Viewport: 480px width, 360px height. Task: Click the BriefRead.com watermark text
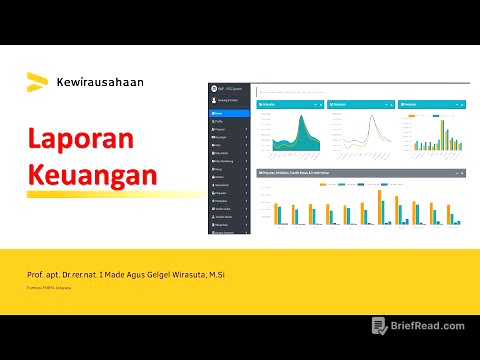pos(428,326)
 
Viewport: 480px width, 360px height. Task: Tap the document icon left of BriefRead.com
pos(379,326)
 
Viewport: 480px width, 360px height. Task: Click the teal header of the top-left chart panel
pos(290,104)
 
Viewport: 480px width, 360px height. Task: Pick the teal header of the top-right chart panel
pos(433,104)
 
